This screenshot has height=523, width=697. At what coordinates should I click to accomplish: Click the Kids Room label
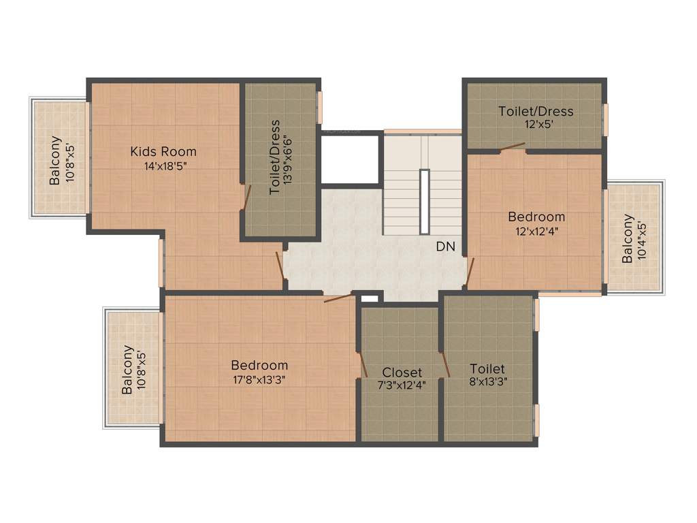coord(163,151)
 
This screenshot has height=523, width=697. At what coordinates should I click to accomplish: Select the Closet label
coord(402,373)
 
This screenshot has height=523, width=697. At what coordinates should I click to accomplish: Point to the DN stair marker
coord(446,247)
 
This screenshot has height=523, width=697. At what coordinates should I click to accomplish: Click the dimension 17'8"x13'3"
coord(259,380)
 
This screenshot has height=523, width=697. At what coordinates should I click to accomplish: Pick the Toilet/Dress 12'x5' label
coord(536,111)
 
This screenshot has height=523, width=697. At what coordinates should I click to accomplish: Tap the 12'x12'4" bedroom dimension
coord(536,230)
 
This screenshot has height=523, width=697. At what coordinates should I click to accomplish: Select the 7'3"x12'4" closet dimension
coord(402,385)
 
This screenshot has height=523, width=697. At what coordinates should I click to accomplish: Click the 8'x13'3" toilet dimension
coord(487,382)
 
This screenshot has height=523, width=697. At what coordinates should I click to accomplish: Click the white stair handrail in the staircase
coord(424,202)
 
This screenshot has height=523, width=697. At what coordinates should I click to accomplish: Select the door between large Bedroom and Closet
coord(363,364)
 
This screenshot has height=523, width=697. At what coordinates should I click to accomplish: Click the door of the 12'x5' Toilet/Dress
coord(511,146)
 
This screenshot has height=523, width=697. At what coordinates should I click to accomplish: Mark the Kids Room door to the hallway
coord(280,264)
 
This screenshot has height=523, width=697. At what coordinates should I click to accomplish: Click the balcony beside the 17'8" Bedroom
coord(133,368)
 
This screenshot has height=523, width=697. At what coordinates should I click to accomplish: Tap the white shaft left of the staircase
coord(349,159)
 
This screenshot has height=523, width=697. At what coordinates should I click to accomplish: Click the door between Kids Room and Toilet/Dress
coord(248,195)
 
